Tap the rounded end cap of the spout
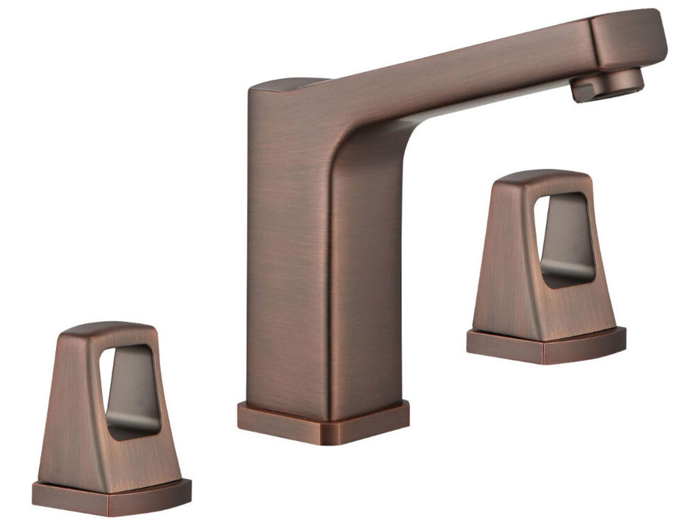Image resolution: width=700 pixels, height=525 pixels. tap(628, 38)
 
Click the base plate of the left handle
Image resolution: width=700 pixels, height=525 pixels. tap(111, 500)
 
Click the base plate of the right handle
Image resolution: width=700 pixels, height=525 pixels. tap(546, 348)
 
